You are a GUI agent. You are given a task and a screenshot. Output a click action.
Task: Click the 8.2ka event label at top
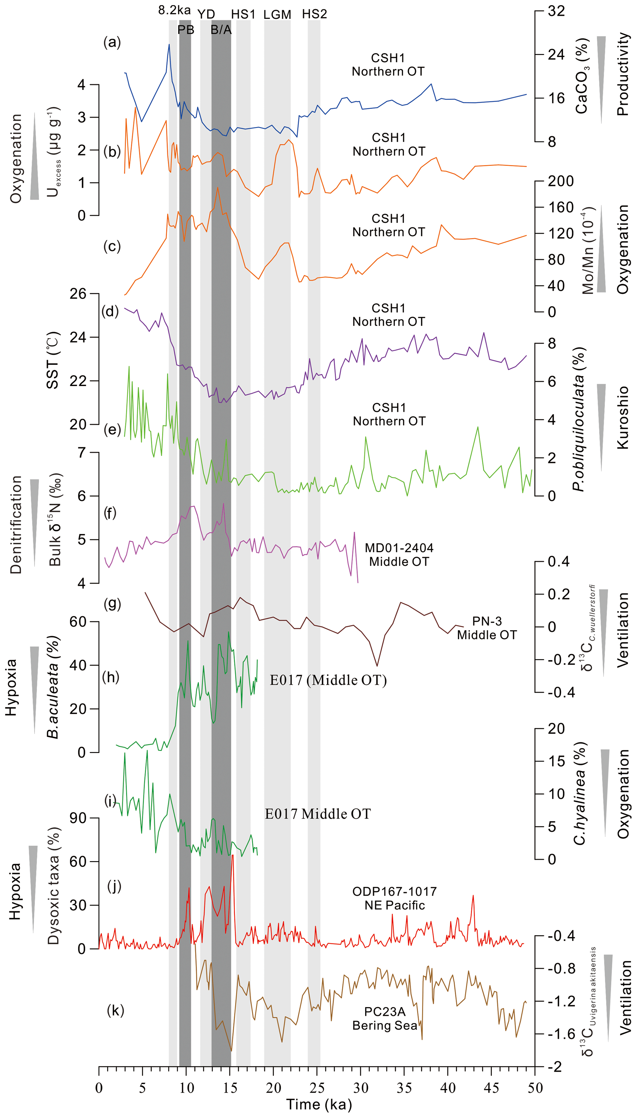[x=174, y=10]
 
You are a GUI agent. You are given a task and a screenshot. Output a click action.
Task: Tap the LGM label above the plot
[x=277, y=14]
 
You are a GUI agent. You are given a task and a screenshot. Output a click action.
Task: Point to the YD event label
[x=206, y=14]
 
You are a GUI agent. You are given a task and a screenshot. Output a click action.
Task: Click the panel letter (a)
[x=112, y=43]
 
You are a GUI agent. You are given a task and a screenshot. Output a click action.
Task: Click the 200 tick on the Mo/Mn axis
[x=561, y=181]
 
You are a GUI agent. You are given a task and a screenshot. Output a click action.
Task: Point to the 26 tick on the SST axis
[x=78, y=294]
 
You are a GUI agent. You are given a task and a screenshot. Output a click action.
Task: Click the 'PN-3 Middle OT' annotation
[x=487, y=628]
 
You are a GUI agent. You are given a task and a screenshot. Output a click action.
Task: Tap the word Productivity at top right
[x=623, y=74]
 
